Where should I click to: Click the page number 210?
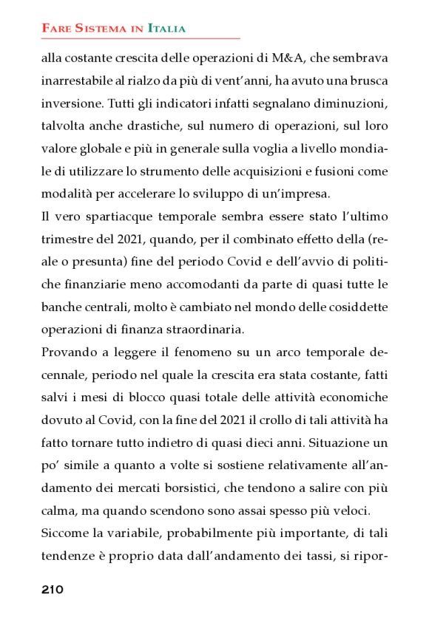[x=53, y=590]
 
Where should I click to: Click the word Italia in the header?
[x=166, y=29]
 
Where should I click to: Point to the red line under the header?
[x=141, y=38]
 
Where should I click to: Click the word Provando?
[x=67, y=354]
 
